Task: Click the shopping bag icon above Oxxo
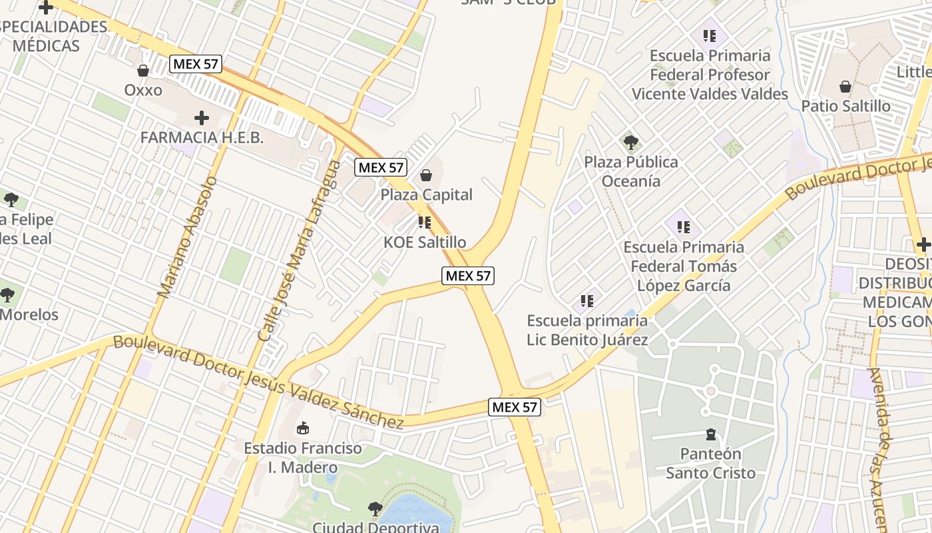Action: (142, 71)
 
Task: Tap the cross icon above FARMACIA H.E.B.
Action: (201, 119)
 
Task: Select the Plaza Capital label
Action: (426, 195)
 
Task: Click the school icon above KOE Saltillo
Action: (424, 223)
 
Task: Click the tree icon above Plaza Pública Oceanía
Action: (630, 142)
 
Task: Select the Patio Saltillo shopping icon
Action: (845, 87)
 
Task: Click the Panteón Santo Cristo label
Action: (711, 464)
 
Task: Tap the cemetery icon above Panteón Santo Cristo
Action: (711, 435)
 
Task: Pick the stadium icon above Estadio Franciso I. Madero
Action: (303, 428)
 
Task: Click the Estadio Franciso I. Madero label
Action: (303, 458)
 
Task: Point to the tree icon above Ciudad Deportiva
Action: (375, 509)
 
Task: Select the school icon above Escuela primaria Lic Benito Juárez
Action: (586, 301)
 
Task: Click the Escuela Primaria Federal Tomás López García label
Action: (684, 266)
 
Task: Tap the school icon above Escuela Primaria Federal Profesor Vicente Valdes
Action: (709, 36)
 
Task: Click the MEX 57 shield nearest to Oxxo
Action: (195, 64)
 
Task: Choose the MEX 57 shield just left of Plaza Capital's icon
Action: (380, 167)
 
